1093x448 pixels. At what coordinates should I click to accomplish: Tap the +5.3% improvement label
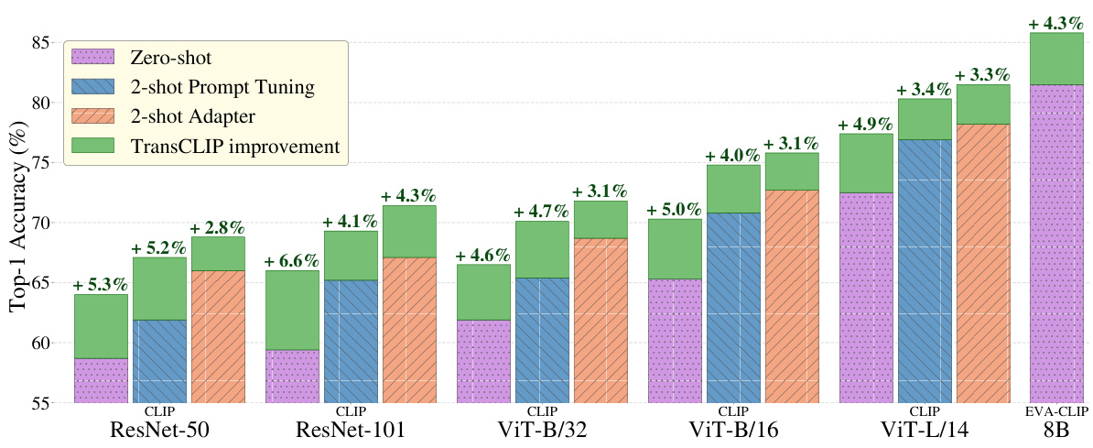pos(101,286)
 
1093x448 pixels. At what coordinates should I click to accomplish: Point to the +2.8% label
pos(217,228)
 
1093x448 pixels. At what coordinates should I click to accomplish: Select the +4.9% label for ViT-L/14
pos(866,125)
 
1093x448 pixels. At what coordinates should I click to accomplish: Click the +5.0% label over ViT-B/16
pos(675,211)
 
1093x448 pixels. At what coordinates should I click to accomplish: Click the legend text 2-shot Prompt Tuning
pos(222,88)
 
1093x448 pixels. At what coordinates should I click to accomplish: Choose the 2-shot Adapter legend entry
pos(192,117)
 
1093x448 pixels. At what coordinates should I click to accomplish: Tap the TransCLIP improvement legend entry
pos(235,147)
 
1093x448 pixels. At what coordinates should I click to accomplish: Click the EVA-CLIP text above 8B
pos(1055,411)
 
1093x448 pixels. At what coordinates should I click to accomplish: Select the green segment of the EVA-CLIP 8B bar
pos(1056,59)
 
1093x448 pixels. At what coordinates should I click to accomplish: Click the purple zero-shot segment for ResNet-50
pos(101,380)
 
